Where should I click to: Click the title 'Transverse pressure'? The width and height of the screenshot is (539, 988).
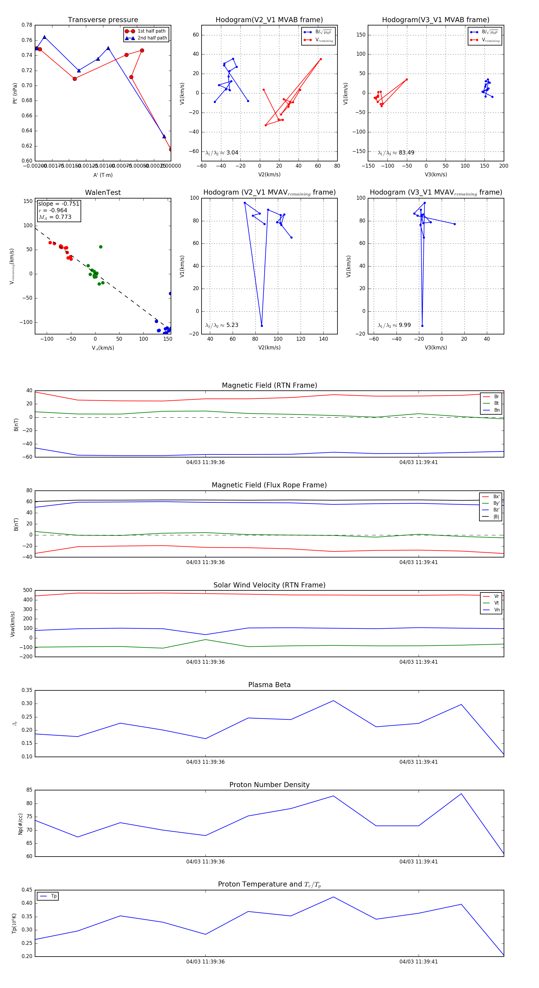(103, 20)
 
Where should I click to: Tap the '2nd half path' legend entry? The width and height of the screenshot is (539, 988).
(152, 38)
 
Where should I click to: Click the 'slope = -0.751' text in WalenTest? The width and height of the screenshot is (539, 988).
(59, 204)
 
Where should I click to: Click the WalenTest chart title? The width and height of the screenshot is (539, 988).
(103, 193)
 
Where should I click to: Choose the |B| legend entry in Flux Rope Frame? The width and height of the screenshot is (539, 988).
(496, 517)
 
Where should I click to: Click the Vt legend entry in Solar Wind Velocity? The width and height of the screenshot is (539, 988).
(496, 603)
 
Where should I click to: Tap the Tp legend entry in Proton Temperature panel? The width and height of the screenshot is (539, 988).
(53, 896)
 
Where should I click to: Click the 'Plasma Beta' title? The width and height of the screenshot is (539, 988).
(269, 685)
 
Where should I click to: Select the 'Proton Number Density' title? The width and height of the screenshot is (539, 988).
(269, 785)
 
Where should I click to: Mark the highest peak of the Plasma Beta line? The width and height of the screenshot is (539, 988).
(333, 701)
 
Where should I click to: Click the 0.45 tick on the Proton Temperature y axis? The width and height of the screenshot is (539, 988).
(27, 890)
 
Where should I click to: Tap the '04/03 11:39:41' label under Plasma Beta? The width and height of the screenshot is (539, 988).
(418, 762)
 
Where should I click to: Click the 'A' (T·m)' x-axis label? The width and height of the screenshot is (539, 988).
(103, 175)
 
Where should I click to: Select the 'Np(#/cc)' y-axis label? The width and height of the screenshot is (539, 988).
(20, 824)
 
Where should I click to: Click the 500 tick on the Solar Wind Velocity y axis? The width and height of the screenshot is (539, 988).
(28, 590)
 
